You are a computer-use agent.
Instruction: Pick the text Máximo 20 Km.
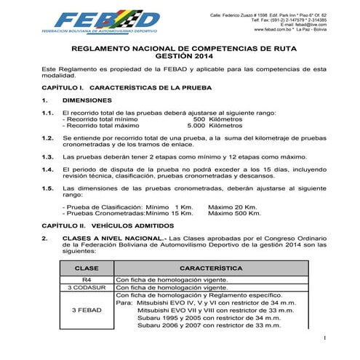point(231,207)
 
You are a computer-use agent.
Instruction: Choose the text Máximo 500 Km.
point(234,214)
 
